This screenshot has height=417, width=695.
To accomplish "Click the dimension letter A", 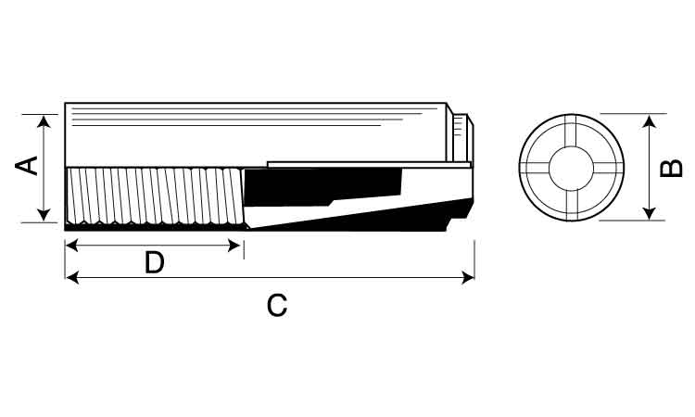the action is click(27, 165).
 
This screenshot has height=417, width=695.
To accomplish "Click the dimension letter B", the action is click(671, 169).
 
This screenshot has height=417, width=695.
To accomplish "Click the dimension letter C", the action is click(277, 305).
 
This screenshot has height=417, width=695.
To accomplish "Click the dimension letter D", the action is click(154, 262).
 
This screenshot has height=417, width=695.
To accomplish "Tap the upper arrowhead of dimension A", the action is click(44, 121).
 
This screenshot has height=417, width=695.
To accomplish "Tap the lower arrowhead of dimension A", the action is click(44, 215).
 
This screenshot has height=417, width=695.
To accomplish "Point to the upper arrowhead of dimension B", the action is click(649, 121).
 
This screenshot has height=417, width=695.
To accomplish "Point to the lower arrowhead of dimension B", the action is click(649, 213).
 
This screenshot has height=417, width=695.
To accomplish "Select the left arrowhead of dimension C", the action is click(72, 277).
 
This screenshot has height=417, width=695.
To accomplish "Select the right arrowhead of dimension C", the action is click(468, 277).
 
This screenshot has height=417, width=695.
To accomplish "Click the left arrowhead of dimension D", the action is click(71, 245).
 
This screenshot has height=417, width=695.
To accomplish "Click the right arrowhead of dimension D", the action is click(234, 245).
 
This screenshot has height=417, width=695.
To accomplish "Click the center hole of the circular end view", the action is click(571, 169).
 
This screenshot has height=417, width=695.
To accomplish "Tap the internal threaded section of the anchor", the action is click(154, 196).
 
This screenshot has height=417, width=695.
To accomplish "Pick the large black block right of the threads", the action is click(322, 186).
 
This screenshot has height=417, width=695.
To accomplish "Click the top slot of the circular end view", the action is click(571, 132).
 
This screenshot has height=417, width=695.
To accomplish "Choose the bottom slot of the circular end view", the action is click(571, 205).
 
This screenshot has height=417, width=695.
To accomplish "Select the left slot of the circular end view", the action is click(535, 168).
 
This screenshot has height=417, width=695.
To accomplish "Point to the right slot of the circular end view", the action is click(608, 168).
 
